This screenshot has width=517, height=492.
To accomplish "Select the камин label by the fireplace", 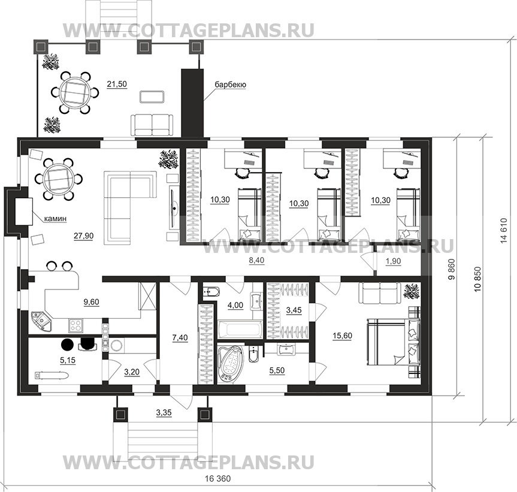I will click(54, 219).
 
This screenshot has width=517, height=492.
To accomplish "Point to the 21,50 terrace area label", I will click(116, 84).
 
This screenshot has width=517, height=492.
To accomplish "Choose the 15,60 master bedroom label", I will click(342, 336).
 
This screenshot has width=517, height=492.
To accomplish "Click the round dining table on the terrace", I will click(75, 92).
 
